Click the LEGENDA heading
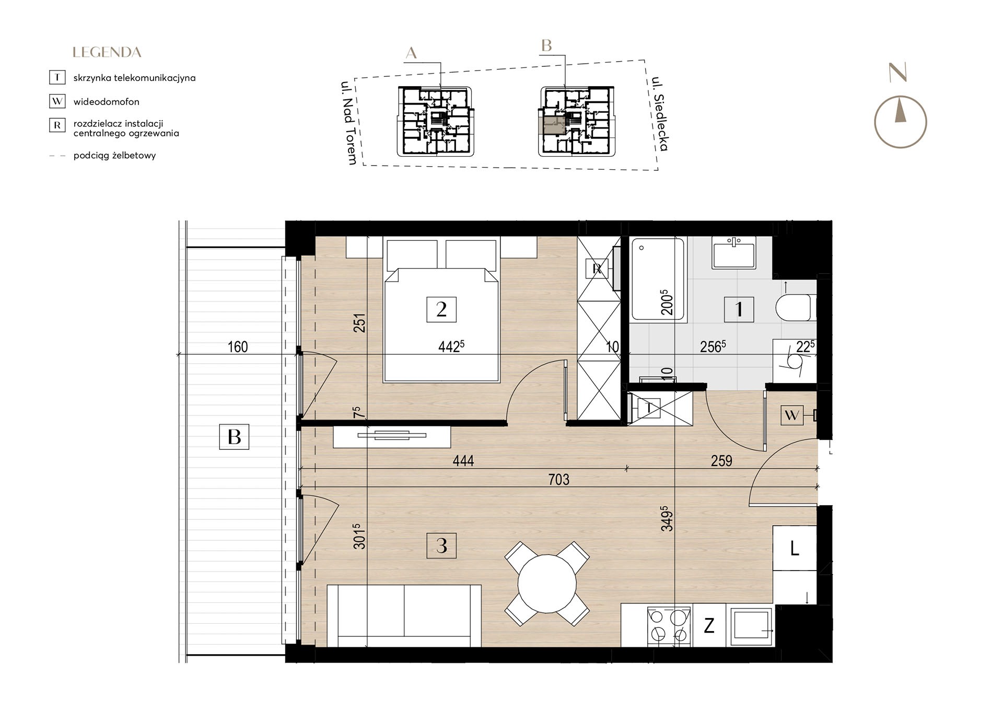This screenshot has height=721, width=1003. click(x=107, y=52)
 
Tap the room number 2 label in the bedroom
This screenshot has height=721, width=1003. click(x=441, y=309)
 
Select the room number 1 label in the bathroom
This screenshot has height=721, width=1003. click(x=739, y=309)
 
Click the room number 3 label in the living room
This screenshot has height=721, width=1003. click(x=441, y=546)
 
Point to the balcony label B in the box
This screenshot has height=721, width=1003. click(x=234, y=437)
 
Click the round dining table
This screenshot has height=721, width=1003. click(x=547, y=584)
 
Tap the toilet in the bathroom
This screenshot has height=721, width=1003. click(x=796, y=307)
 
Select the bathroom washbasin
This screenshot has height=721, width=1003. click(x=734, y=252)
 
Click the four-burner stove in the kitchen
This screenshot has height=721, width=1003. click(x=669, y=626)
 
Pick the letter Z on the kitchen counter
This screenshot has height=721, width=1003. click(x=709, y=625)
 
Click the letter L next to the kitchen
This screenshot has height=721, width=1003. click(x=795, y=549)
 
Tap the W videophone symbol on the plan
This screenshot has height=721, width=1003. click(x=792, y=415)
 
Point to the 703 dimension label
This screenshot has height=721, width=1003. click(x=559, y=480)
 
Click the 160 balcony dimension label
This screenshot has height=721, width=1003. click(x=238, y=347)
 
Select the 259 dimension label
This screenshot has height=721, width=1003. click(x=721, y=461)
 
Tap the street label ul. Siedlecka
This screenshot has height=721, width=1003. click(x=660, y=114)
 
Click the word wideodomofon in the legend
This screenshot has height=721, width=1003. click(x=106, y=102)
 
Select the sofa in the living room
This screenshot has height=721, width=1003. click(x=404, y=616)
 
